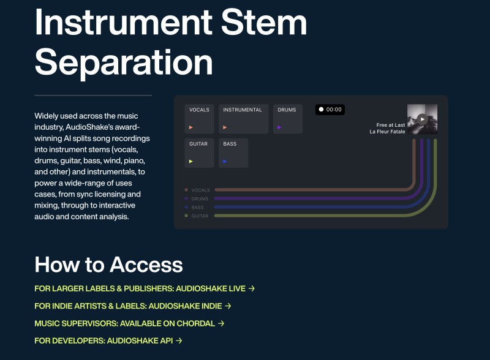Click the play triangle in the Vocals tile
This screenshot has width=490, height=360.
pyautogui.click(x=191, y=127)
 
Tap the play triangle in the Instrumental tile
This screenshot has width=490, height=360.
pyautogui.click(x=225, y=127)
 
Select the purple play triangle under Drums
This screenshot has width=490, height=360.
pyautogui.click(x=279, y=127)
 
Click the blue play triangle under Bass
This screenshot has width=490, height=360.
pyautogui.click(x=225, y=162)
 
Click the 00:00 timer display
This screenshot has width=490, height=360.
pyautogui.click(x=330, y=110)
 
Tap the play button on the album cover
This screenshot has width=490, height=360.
pyautogui.click(x=422, y=119)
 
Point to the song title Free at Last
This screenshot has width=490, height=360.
pyautogui.click(x=391, y=125)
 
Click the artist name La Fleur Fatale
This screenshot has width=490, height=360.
pyautogui.click(x=387, y=132)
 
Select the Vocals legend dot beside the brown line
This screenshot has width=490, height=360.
pyautogui.click(x=186, y=190)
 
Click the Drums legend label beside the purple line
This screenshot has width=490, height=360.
pyautogui.click(x=200, y=199)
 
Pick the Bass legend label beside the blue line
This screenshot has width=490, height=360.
pyautogui.click(x=197, y=208)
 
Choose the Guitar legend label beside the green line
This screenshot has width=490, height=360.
pyautogui.click(x=200, y=216)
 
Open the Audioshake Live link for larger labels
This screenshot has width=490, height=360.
pyautogui.click(x=145, y=288)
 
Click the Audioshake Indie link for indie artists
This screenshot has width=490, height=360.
pyautogui.click(x=133, y=306)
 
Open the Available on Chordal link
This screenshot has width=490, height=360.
pyautogui.click(x=129, y=323)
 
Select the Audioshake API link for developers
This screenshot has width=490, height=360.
pyautogui.click(x=108, y=340)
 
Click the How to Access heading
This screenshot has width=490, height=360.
pyautogui.click(x=108, y=264)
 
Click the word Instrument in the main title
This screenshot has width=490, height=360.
pyautogui.click(x=124, y=23)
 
